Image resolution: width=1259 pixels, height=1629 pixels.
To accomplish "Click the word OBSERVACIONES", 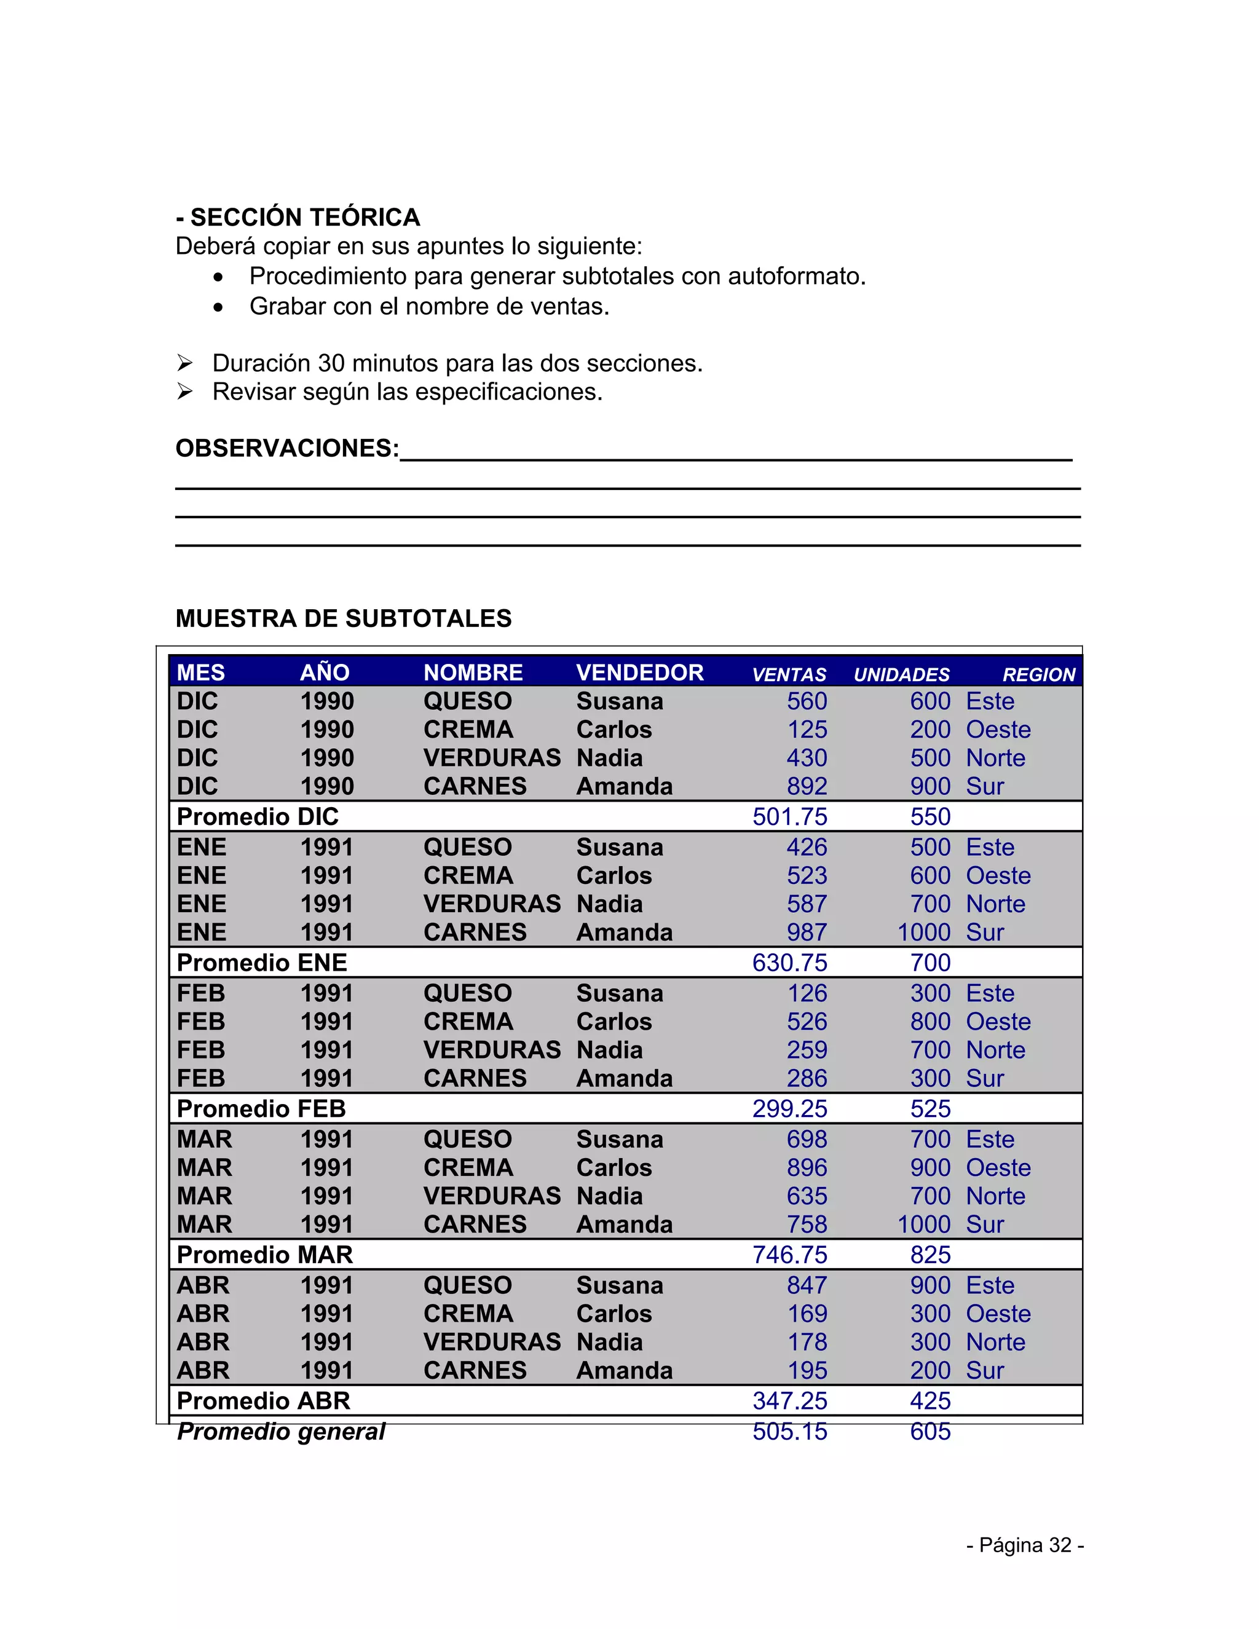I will [x=286, y=448].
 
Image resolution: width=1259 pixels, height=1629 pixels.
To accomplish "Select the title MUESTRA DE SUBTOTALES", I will [x=343, y=618].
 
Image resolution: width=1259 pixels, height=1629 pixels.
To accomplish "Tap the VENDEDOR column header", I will [x=639, y=673].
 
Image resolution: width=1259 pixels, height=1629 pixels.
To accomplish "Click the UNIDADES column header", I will [x=901, y=675].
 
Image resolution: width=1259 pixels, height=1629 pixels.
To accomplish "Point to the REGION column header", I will [x=1038, y=675].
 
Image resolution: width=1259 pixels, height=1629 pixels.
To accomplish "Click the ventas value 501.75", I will [x=789, y=817].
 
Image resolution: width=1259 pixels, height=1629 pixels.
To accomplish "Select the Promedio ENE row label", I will [x=261, y=963].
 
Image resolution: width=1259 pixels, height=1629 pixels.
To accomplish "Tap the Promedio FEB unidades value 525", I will [x=929, y=1109].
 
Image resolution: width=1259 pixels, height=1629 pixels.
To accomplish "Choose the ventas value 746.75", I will [x=789, y=1255].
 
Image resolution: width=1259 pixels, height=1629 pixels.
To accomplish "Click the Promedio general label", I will [x=280, y=1432].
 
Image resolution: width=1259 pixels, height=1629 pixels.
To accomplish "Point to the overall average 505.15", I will [x=789, y=1432].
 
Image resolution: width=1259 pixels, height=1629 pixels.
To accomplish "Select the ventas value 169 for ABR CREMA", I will [x=807, y=1314].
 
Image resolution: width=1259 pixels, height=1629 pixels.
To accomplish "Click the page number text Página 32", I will [x=1025, y=1545].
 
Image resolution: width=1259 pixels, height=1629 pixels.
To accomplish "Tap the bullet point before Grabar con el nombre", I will [x=218, y=307].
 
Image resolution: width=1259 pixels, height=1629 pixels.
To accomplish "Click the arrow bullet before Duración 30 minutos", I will [x=185, y=363].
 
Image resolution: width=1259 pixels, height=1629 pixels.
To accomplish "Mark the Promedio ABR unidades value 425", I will [x=929, y=1402].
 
